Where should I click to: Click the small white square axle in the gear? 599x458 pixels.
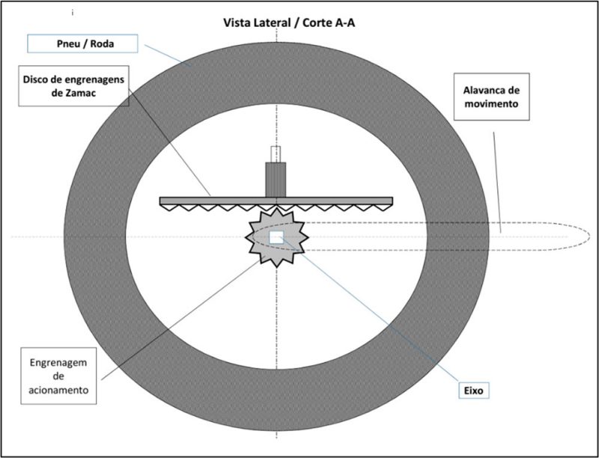(x=276, y=237)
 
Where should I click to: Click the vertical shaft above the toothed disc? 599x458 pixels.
(x=277, y=180)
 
